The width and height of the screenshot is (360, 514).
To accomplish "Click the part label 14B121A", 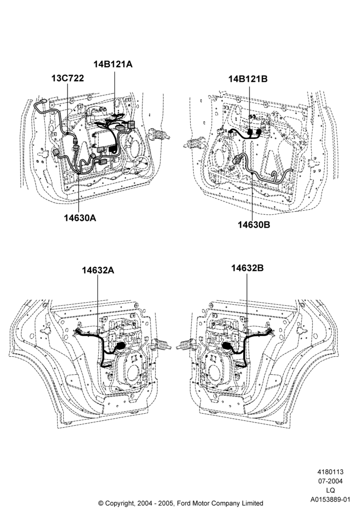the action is point(113,64).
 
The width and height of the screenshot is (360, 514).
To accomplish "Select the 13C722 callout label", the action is point(67,78).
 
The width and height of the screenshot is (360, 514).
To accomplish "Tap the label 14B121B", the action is point(248,79).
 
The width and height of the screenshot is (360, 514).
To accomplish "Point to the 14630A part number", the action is point(80,217).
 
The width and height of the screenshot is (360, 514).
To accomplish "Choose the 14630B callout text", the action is point(254,225).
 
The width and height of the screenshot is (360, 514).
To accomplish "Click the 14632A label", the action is point(98,270).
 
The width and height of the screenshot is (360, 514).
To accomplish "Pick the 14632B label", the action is point(247,268).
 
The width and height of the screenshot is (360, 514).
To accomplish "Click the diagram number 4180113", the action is point(330,472).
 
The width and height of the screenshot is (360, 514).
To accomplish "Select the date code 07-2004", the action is point(330,481).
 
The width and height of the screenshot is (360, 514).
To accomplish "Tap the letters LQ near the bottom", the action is point(331,490).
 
